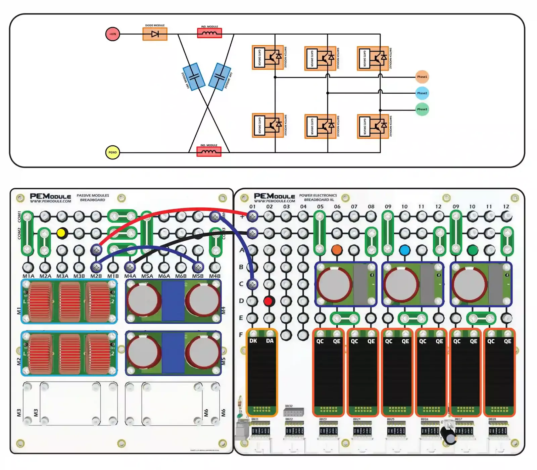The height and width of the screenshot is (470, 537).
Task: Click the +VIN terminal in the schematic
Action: (112, 34)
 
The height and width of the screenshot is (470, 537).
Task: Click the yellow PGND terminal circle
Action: (112, 152)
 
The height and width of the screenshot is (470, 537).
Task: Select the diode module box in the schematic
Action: (155, 34)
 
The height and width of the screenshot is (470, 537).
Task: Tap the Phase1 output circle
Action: (422, 77)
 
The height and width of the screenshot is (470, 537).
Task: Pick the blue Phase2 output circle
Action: (422, 93)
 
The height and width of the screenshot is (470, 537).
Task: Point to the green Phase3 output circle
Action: (422, 109)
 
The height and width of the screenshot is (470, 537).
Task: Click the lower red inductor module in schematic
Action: (209, 152)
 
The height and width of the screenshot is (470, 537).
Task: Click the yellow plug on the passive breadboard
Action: (61, 233)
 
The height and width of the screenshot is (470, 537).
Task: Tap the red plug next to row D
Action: (268, 301)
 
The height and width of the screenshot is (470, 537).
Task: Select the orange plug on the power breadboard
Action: (337, 250)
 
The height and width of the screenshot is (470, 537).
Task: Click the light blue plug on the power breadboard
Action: (405, 250)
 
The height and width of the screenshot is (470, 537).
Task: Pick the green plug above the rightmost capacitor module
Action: (473, 250)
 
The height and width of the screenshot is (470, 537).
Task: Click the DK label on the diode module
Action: (253, 341)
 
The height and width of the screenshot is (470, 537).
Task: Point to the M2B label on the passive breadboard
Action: (96, 276)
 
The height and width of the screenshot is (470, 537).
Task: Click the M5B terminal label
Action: (198, 276)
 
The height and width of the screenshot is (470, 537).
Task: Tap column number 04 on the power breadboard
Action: (303, 206)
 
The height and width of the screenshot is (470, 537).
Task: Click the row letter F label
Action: (241, 335)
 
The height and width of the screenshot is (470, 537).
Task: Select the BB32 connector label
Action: (289, 406)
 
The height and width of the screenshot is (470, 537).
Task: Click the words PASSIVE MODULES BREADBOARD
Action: (93, 197)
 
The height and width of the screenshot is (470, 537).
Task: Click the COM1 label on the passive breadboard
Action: (19, 216)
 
